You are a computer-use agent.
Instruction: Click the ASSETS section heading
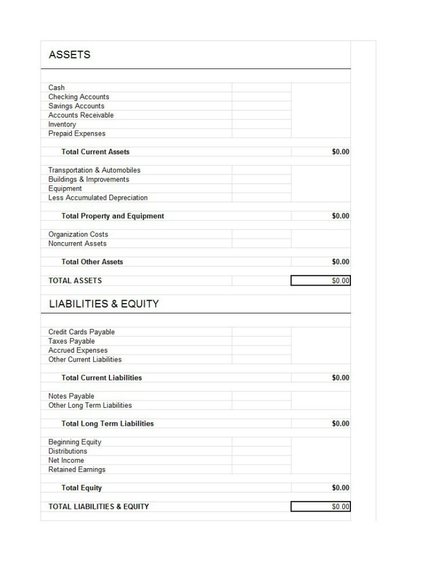click(69, 55)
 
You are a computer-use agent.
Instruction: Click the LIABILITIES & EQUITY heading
click(104, 304)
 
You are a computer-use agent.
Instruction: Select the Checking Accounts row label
click(79, 97)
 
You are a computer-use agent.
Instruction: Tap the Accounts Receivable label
click(81, 115)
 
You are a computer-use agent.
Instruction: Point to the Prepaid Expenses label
click(77, 134)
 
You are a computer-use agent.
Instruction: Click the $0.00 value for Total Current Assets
click(341, 152)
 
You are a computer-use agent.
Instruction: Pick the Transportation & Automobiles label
click(94, 170)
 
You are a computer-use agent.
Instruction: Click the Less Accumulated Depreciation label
click(98, 198)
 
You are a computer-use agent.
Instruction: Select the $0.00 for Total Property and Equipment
click(341, 216)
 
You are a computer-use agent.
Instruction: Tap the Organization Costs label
click(78, 235)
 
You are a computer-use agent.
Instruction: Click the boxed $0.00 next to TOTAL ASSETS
click(341, 281)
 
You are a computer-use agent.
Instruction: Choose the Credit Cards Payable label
click(82, 332)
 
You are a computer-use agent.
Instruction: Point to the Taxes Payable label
click(72, 341)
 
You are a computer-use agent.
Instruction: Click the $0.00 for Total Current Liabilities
click(341, 378)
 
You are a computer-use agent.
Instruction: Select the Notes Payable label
click(71, 396)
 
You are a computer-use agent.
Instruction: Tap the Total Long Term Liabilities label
click(108, 424)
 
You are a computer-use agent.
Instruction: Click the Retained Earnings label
click(77, 470)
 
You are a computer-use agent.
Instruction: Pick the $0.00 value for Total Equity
click(341, 488)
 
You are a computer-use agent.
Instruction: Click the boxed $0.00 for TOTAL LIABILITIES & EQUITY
click(341, 507)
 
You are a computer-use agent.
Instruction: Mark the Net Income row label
click(66, 461)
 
